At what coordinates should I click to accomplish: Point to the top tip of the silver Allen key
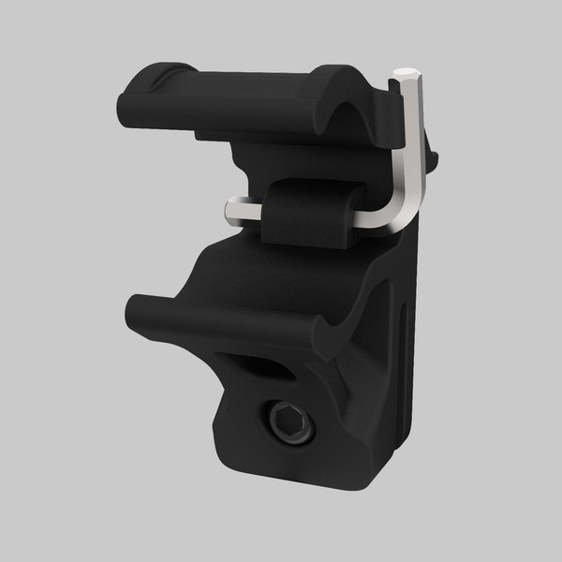point(407,74)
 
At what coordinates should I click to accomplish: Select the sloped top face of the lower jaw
point(244,272)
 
